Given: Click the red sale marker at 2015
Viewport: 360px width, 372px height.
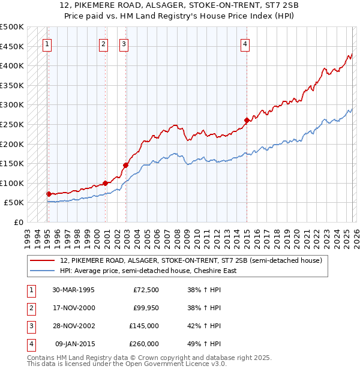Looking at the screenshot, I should click(247, 121).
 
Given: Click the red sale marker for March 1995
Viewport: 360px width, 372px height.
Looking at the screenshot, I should click(49, 194).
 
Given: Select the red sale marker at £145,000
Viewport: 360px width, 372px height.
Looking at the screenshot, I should click(125, 165).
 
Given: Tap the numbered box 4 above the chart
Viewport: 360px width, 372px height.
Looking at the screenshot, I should click(246, 43).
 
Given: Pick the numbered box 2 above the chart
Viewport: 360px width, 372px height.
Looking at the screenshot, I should click(104, 43).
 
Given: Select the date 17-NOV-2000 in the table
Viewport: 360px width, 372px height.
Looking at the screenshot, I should click(74, 308).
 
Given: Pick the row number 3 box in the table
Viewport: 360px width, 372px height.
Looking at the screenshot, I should click(31, 326).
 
